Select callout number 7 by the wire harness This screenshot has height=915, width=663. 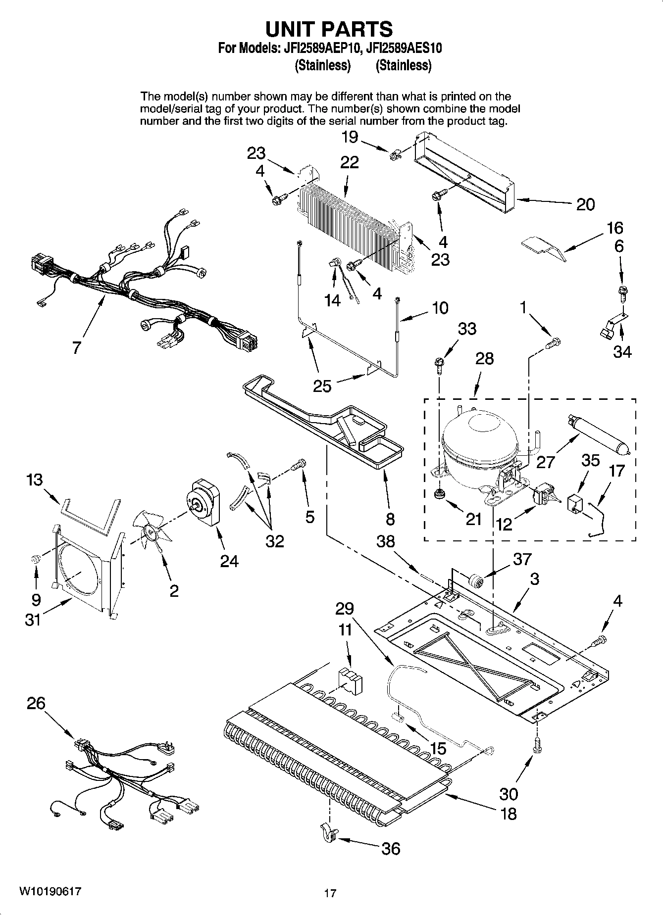click(x=76, y=347)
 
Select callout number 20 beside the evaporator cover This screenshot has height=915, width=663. click(x=585, y=204)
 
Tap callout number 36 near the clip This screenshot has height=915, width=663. click(x=391, y=849)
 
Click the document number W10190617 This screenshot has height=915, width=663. click(x=50, y=892)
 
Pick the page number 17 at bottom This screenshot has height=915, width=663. click(x=330, y=893)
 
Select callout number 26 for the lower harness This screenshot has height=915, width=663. click(x=36, y=703)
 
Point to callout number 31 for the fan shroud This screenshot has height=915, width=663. click(x=33, y=619)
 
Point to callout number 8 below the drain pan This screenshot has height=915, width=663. click(x=390, y=519)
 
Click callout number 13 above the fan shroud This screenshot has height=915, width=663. click(x=35, y=480)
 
